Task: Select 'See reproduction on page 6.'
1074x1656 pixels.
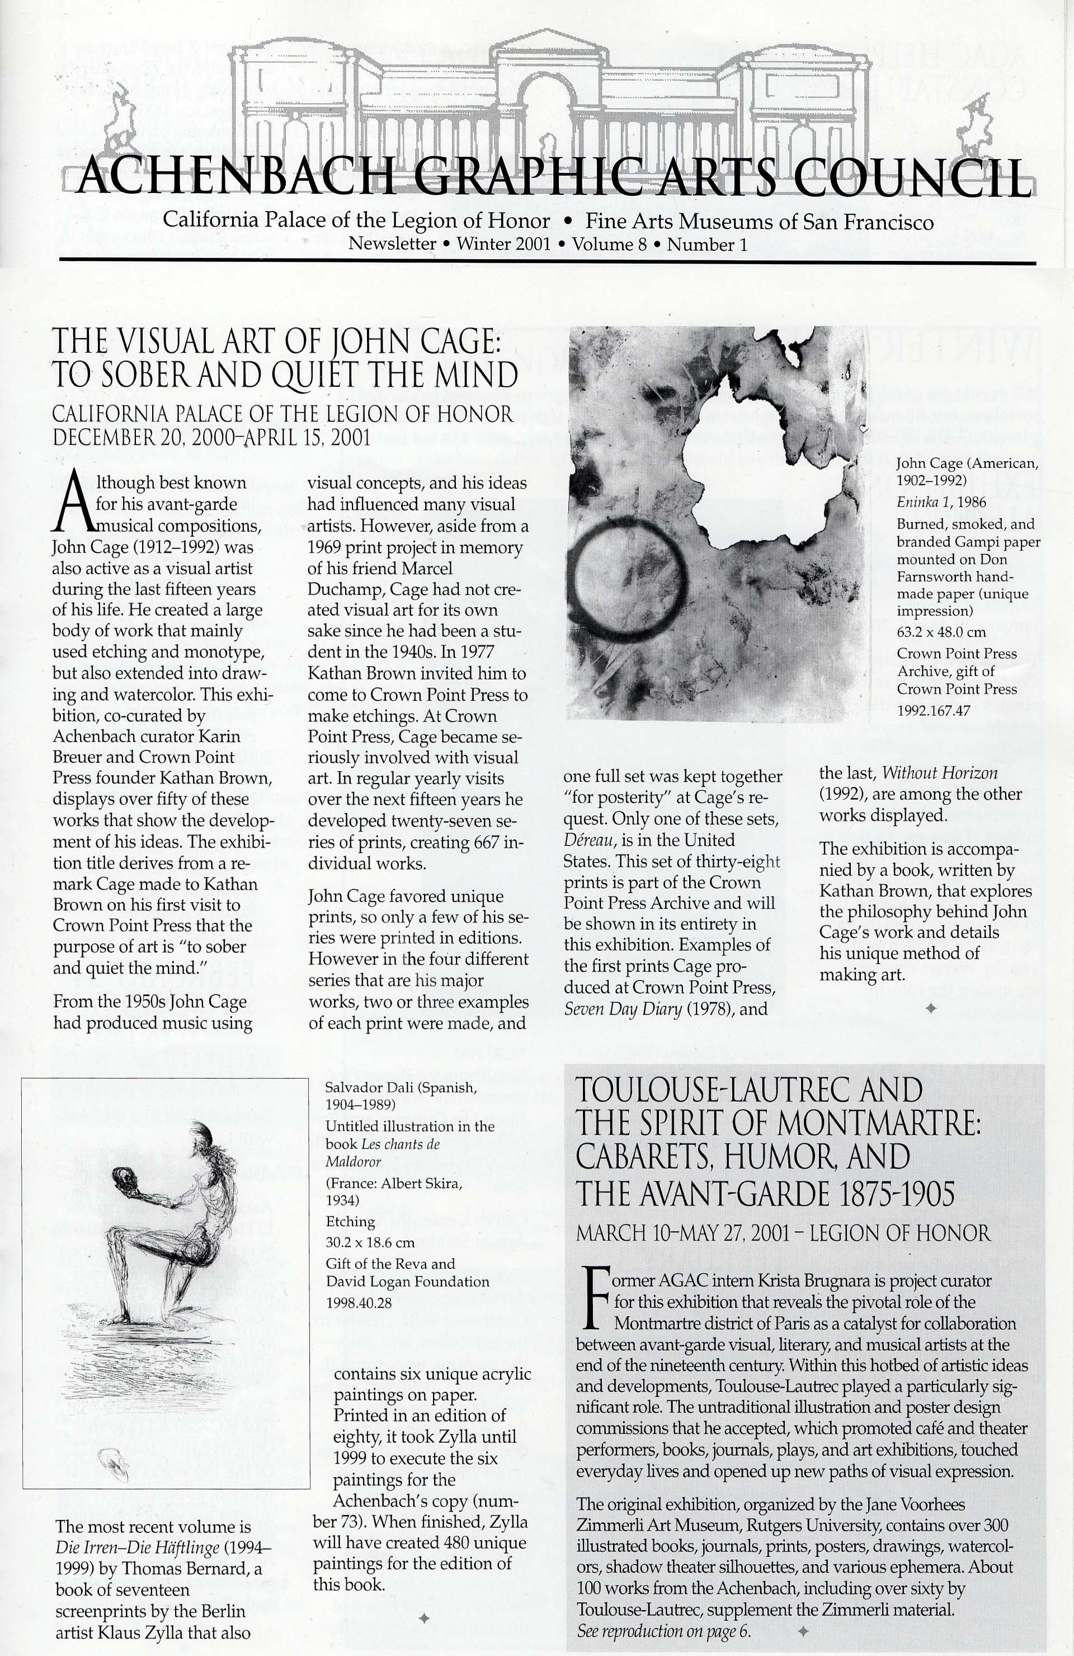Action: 665,1631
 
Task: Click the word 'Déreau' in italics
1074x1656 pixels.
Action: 588,840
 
